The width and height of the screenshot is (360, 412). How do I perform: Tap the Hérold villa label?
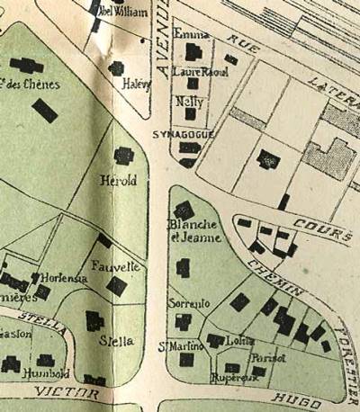[x=120, y=181]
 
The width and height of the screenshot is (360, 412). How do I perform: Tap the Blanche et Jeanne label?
[x=188, y=229]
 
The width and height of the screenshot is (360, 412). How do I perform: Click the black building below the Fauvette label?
[x=117, y=287]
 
